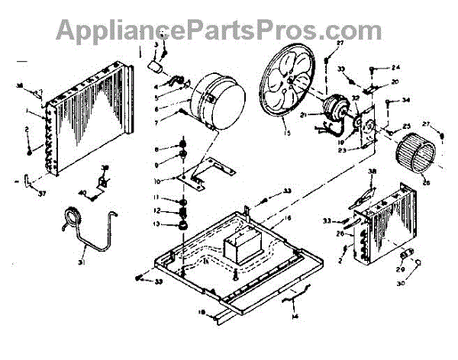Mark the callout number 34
pos(406,100)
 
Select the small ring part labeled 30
pos(419,264)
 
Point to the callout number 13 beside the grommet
pos(156,224)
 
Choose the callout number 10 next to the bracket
pos(156,182)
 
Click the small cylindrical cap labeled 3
pos(160,66)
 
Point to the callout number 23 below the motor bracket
pos(357,151)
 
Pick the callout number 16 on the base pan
pos(267,220)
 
